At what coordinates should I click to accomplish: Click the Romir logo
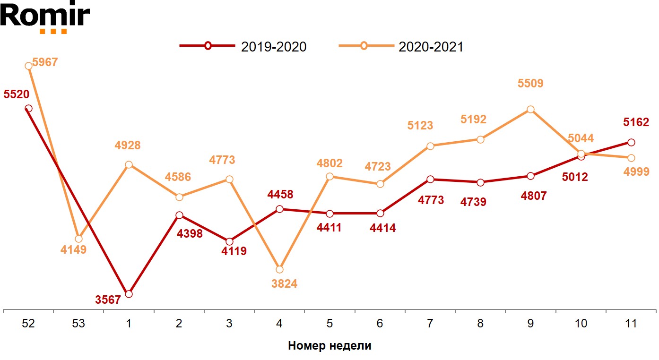45,17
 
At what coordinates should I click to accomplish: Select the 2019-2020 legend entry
243,46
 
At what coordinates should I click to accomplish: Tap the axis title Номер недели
329,346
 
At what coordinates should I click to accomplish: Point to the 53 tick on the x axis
78,324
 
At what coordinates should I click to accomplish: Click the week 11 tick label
631,324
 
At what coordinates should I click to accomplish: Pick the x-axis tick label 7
430,324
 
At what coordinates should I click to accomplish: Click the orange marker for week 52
28,66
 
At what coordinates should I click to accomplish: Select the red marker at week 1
129,294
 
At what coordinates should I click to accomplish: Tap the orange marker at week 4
279,269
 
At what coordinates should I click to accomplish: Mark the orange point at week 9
530,109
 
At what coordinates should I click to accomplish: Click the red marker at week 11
631,142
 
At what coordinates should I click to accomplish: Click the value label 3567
108,300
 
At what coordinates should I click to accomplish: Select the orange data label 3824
285,284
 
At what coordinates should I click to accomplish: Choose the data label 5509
530,84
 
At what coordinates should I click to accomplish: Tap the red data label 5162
636,123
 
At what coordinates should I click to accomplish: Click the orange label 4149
73,250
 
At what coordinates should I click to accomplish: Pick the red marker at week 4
279,209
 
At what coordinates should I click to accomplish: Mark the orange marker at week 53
78,239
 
